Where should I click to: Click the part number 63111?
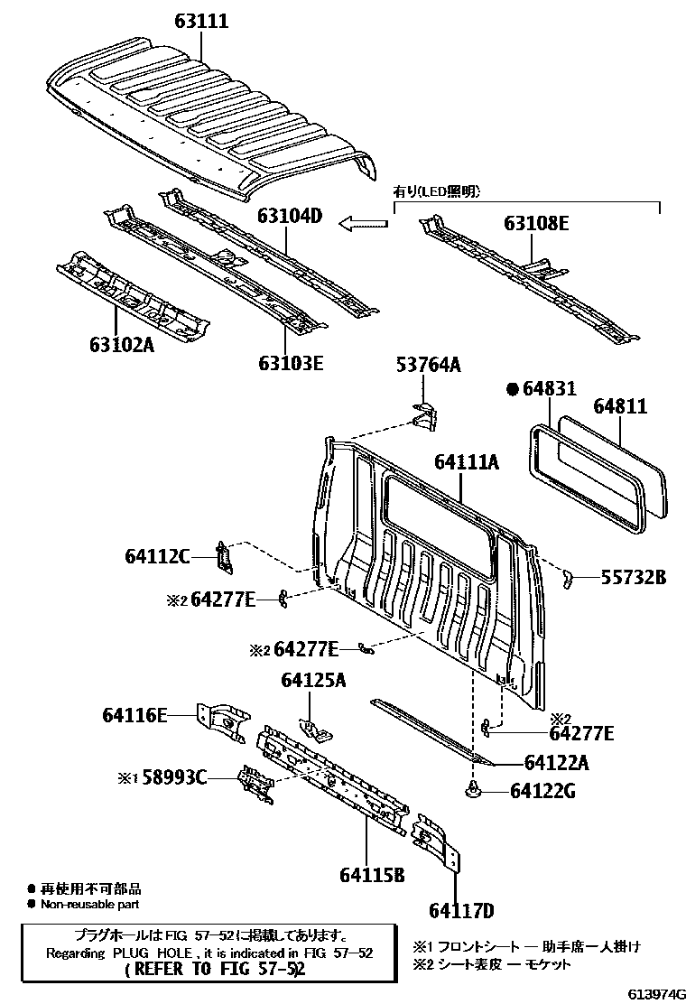click(x=201, y=21)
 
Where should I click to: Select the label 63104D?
click(x=290, y=216)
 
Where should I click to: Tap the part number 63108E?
click(x=536, y=224)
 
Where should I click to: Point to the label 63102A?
click(x=122, y=345)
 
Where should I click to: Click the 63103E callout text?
click(x=292, y=363)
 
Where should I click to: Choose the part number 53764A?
click(x=428, y=365)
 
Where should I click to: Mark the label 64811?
click(x=620, y=406)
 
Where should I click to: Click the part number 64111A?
click(x=467, y=461)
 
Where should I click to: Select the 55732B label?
click(x=634, y=578)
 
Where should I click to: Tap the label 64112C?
click(x=157, y=556)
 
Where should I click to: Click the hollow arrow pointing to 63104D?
click(x=364, y=224)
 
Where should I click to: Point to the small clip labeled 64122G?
click(x=474, y=790)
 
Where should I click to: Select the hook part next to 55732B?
click(x=566, y=579)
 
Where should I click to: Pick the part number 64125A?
click(x=313, y=680)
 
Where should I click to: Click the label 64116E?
click(x=134, y=714)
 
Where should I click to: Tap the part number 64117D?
click(x=461, y=910)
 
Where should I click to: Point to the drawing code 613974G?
click(x=656, y=993)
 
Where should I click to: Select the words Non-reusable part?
click(x=89, y=904)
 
